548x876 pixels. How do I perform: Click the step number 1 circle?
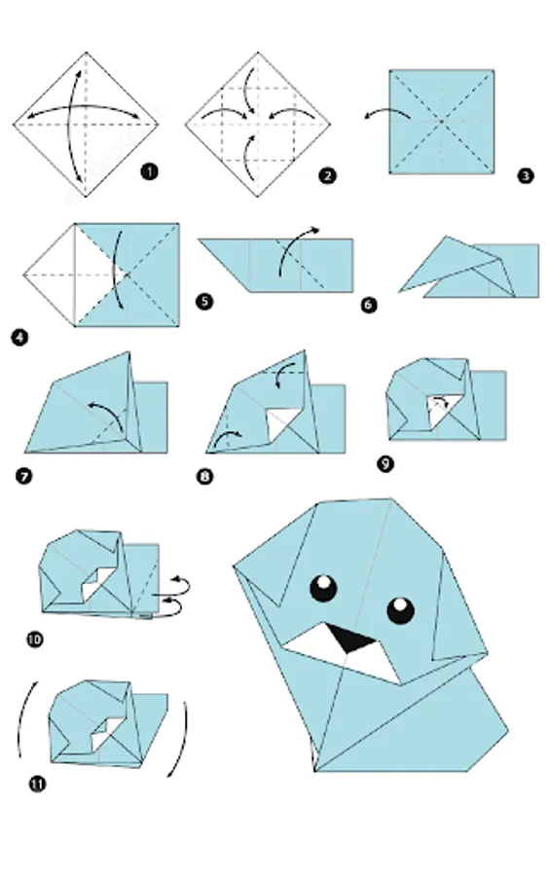click(149, 171)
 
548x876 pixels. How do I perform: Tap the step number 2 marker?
click(327, 176)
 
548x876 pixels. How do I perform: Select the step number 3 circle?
click(525, 176)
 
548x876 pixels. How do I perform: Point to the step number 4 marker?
click(19, 338)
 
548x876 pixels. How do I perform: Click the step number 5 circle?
click(204, 302)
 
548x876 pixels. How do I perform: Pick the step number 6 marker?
click(369, 305)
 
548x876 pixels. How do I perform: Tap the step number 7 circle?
click(24, 477)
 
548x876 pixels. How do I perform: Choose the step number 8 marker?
click(205, 477)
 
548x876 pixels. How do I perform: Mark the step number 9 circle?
click(385, 463)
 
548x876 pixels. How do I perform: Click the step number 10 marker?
click(35, 639)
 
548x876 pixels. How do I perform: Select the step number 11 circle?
click(37, 784)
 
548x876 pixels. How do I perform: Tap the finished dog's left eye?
click(324, 588)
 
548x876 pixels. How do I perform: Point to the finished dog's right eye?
click(400, 610)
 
